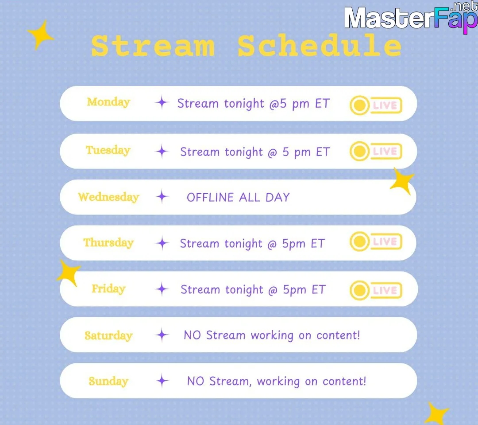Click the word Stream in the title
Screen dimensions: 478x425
click(153, 46)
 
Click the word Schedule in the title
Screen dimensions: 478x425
click(320, 45)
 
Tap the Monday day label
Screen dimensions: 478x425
click(108, 102)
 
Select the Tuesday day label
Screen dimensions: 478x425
click(108, 150)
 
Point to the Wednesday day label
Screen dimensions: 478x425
click(108, 197)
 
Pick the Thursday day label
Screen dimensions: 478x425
click(108, 243)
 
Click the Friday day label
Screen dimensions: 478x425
click(108, 289)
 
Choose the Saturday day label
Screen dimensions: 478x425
click(108, 335)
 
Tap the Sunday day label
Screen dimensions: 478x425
click(108, 381)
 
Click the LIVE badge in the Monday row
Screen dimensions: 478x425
click(376, 105)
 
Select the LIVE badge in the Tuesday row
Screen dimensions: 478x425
click(376, 151)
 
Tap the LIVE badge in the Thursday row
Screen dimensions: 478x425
click(376, 242)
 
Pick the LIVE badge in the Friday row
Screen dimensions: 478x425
click(376, 290)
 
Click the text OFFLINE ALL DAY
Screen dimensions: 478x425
click(238, 198)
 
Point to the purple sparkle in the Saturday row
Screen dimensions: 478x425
click(162, 335)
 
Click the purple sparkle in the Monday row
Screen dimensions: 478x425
click(162, 102)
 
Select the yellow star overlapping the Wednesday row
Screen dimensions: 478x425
click(402, 181)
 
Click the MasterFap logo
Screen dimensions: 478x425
click(411, 18)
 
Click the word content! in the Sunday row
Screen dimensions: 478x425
click(344, 381)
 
